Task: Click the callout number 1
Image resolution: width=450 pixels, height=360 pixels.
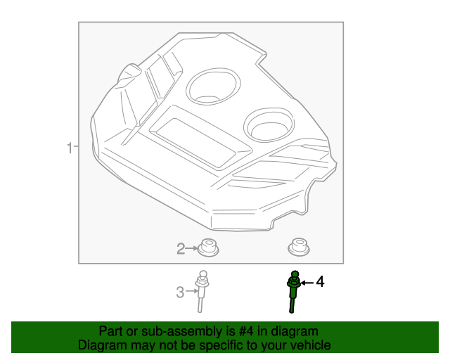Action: (69, 148)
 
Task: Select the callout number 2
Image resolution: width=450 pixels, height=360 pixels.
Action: (181, 248)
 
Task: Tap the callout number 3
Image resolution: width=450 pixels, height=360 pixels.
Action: (180, 292)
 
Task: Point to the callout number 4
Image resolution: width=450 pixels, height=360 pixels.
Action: (321, 282)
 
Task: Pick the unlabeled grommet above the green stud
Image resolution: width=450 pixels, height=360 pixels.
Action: (299, 247)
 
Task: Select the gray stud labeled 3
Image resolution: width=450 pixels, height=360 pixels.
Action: (202, 291)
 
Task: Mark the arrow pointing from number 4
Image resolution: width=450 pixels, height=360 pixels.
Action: (307, 283)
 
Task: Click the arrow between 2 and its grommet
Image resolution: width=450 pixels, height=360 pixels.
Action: (192, 248)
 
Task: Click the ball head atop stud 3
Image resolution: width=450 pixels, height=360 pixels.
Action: (202, 274)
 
